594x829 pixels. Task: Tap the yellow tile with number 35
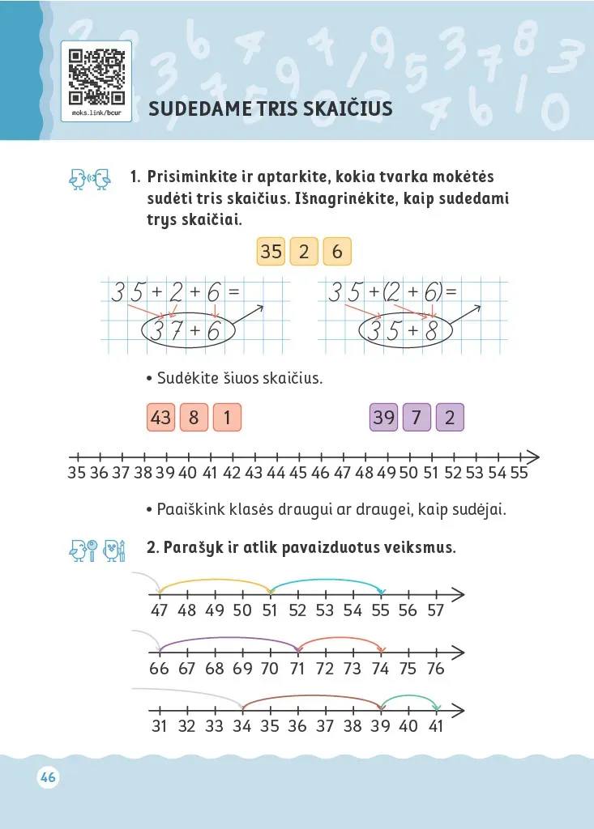271,252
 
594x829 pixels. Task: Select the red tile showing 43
161,418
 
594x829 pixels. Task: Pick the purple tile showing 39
383,418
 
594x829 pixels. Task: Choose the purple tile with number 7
417,418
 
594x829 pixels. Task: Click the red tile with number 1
227,418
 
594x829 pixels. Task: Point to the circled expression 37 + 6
187,330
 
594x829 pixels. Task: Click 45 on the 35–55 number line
297,473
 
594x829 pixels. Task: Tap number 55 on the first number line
519,473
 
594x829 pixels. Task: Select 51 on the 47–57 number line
270,610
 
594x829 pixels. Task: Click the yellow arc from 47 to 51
215,580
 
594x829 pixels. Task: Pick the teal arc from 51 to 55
326,580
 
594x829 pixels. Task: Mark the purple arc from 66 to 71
229,639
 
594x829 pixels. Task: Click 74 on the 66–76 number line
380,669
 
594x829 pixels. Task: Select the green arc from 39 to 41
409,697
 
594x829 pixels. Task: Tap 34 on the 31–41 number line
241,726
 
